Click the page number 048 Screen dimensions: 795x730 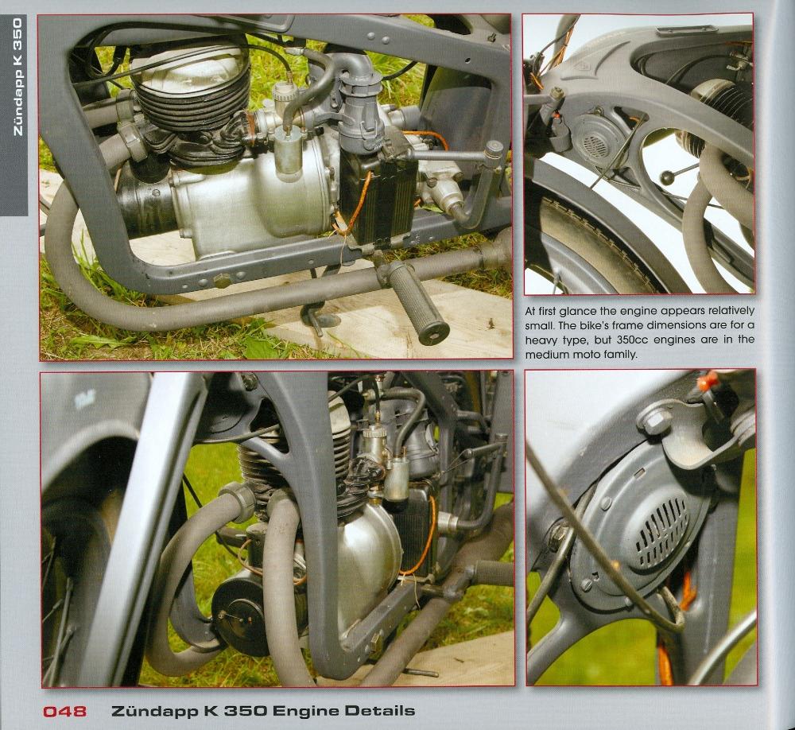(x=64, y=711)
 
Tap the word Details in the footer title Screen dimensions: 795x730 (x=380, y=711)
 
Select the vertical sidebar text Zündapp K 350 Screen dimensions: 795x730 (x=17, y=76)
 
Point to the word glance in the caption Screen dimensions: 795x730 (x=579, y=310)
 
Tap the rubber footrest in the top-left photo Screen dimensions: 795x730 (x=418, y=303)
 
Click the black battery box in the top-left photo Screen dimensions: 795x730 (x=378, y=199)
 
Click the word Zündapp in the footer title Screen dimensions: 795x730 (x=155, y=711)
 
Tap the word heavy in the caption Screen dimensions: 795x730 (x=541, y=340)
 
